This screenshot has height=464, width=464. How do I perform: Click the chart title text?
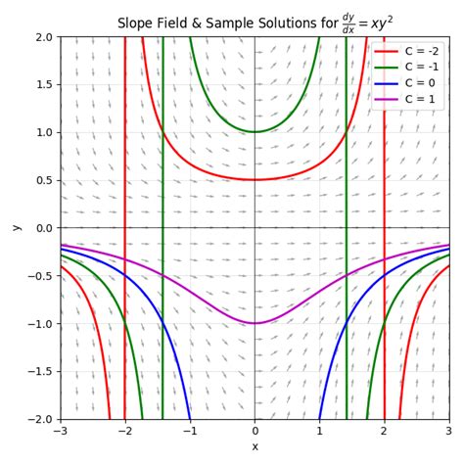click(255, 22)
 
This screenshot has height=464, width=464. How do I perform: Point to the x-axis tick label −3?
click(61, 432)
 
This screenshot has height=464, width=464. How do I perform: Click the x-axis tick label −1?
click(190, 432)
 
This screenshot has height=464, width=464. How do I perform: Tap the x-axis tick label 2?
click(384, 432)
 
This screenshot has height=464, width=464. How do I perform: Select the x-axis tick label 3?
click(448, 432)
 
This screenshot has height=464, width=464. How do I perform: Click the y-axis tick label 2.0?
click(43, 37)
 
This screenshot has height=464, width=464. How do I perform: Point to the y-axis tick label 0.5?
click(43, 180)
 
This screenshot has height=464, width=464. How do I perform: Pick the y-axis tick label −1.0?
click(40, 324)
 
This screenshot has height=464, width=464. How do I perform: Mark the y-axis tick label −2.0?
click(40, 420)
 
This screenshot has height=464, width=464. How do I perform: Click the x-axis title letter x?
click(255, 447)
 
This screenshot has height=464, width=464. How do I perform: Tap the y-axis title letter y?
click(15, 228)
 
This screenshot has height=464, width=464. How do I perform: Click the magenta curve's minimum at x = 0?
click(255, 323)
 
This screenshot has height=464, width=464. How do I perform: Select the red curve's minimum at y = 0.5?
click(255, 180)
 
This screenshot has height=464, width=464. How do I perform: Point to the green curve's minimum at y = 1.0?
click(255, 132)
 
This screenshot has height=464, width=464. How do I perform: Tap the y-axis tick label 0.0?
click(43, 228)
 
